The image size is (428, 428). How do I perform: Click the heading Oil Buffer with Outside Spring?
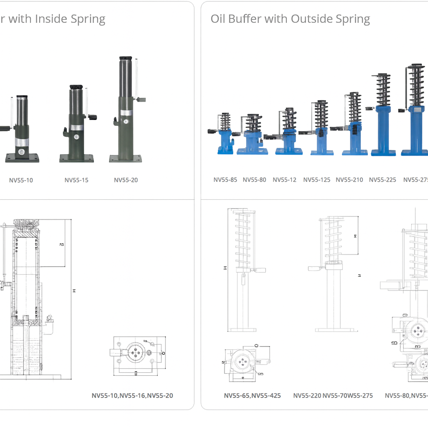pyautogui.click(x=290, y=19)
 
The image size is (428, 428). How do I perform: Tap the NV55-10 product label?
pyautogui.click(x=21, y=180)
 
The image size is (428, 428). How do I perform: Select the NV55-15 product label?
pyautogui.click(x=76, y=180)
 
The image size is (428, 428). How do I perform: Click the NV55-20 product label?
pyautogui.click(x=126, y=180)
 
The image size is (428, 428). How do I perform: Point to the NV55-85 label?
pyautogui.click(x=225, y=180)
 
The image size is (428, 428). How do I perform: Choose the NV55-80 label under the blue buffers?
pyautogui.click(x=254, y=180)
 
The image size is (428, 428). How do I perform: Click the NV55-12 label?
pyautogui.click(x=285, y=180)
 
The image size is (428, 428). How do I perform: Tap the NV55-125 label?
pyautogui.click(x=317, y=180)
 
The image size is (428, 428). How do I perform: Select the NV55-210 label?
pyautogui.click(x=349, y=180)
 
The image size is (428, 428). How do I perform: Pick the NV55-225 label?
pyautogui.click(x=382, y=180)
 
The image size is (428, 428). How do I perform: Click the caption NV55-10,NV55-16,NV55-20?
pyautogui.click(x=132, y=395)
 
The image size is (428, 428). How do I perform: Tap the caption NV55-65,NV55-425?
pyautogui.click(x=252, y=395)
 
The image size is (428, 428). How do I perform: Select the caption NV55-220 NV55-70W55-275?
pyautogui.click(x=333, y=395)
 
